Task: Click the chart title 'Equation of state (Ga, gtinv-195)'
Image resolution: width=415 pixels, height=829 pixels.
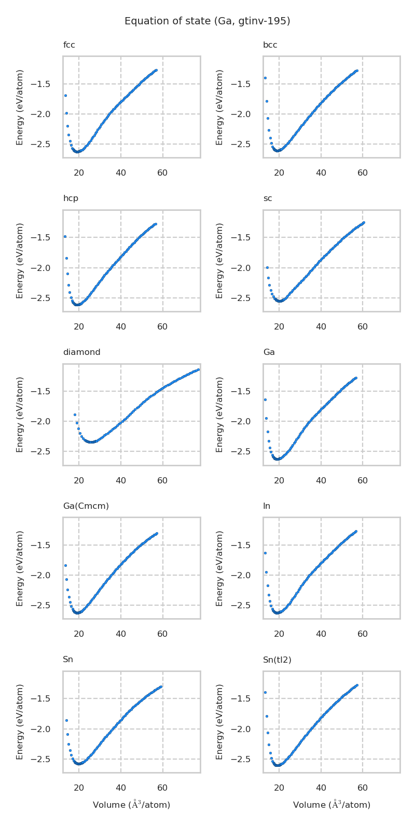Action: pos(208,21)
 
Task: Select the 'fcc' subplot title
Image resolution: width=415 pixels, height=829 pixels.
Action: pos(69,45)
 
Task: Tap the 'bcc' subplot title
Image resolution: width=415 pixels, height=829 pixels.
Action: pos(270,45)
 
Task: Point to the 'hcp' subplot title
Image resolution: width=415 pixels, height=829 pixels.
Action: pos(71,198)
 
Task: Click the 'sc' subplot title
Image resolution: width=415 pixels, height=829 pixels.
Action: pos(268,198)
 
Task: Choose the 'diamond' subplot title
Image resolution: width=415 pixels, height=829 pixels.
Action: pos(81,352)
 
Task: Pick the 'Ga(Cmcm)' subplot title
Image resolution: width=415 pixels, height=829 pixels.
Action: pos(86,506)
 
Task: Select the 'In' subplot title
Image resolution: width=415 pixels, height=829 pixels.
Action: pos(267,506)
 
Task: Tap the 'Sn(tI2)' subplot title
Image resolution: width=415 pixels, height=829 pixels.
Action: pos(277,660)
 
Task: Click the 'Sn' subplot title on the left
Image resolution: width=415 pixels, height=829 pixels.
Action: pos(68,660)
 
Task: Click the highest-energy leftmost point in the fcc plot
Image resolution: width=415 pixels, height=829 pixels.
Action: pos(65,95)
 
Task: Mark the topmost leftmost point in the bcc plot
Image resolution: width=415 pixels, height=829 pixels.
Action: pos(265,78)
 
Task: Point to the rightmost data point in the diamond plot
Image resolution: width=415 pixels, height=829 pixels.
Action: pos(198,369)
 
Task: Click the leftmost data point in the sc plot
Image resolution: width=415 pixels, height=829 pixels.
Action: pos(267,267)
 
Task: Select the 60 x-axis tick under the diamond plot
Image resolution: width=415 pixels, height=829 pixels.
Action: pos(162,481)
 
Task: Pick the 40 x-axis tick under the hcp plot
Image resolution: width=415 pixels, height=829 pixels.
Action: pos(121,327)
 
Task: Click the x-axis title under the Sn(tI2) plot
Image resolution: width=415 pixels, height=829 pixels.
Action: pos(331,805)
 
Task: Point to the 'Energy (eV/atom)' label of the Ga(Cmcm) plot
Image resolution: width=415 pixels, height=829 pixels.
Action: pos(20,568)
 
